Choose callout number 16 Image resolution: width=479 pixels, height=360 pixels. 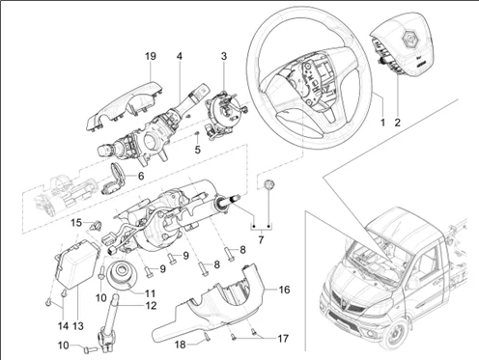click(284, 289)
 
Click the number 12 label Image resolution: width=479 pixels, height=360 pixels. click(150, 306)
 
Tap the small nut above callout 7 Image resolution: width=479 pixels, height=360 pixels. click(269, 185)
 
